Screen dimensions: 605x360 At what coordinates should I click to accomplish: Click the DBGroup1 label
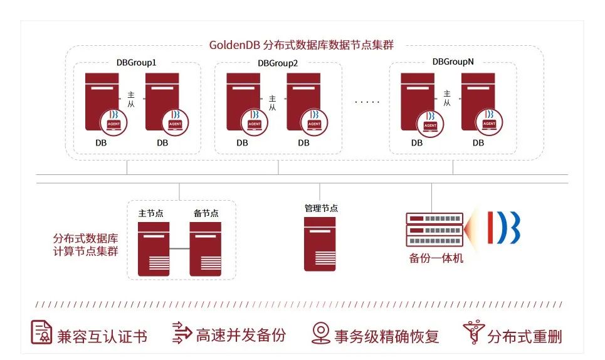click(x=136, y=63)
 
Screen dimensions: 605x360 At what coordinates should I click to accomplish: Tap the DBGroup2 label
click(x=278, y=63)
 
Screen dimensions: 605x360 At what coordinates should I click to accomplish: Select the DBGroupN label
click(x=453, y=61)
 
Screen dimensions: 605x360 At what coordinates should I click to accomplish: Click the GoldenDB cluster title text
click(x=302, y=45)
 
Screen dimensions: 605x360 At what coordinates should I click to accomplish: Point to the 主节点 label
click(x=151, y=213)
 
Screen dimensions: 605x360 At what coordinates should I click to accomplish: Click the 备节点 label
click(x=206, y=213)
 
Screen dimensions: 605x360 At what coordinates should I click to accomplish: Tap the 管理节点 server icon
click(x=320, y=244)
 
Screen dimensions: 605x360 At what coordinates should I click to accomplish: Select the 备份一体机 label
click(x=436, y=258)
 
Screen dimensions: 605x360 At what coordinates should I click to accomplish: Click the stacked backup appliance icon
click(x=434, y=230)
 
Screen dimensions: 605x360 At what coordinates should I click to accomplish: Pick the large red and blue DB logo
click(x=504, y=228)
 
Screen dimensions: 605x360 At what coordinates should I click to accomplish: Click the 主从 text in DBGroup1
click(x=131, y=99)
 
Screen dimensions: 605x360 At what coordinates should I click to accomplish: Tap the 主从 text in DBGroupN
click(x=447, y=98)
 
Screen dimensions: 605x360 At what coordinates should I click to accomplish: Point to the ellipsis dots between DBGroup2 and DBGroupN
click(x=367, y=102)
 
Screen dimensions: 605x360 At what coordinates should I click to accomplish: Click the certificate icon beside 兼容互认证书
click(x=41, y=332)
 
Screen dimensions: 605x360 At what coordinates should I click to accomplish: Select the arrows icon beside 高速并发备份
click(x=182, y=332)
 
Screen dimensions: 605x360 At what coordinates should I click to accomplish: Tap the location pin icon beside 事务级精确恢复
click(x=320, y=333)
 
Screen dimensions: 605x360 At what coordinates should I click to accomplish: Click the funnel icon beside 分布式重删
click(x=474, y=332)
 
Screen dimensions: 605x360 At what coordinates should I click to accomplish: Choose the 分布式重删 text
click(x=525, y=336)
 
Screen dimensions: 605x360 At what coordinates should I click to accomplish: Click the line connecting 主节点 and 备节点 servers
click(x=179, y=248)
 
